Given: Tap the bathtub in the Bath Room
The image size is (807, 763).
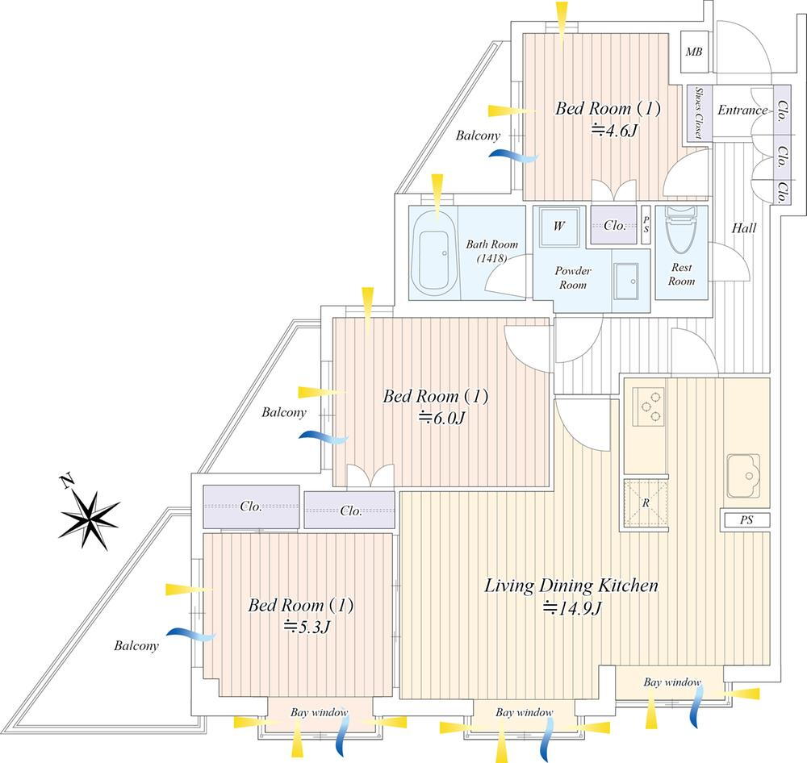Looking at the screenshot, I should click(435, 252).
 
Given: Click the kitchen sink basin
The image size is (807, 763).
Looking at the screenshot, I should click(743, 476).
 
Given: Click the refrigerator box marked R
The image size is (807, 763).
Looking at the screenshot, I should click(645, 502).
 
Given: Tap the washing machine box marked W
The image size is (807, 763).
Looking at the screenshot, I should click(558, 226).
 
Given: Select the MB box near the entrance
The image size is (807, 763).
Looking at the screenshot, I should click(694, 52).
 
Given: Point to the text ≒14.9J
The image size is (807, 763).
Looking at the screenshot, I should click(572, 608).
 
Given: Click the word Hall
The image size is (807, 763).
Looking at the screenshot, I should click(744, 229).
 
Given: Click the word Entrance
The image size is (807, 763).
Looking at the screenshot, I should click(742, 110).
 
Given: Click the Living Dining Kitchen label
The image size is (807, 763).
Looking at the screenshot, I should click(571, 586).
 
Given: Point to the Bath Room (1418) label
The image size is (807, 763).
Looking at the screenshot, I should click(492, 250).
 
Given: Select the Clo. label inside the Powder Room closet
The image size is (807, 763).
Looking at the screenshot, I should click(615, 226).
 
